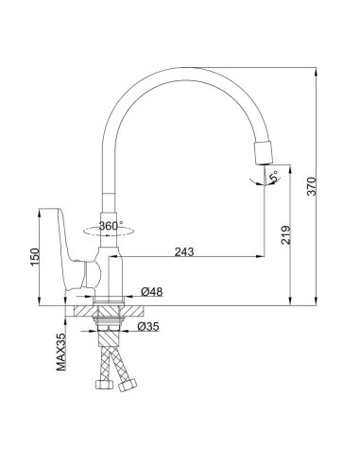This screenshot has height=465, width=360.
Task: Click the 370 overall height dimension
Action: click(x=312, y=186)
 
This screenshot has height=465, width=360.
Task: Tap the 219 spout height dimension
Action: click(x=286, y=234)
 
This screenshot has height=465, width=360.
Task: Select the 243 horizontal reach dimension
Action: click(x=184, y=251)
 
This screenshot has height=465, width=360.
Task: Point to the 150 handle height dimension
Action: click(x=35, y=257)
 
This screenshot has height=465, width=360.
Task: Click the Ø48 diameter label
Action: click(x=152, y=292)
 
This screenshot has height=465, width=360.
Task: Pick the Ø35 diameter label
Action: click(x=148, y=327)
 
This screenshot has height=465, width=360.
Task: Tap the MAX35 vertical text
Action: click(x=61, y=352)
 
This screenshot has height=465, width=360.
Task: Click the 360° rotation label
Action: click(x=111, y=226)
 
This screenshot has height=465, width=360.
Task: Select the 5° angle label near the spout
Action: click(x=274, y=176)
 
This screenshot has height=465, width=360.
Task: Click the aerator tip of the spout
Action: click(x=263, y=153)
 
